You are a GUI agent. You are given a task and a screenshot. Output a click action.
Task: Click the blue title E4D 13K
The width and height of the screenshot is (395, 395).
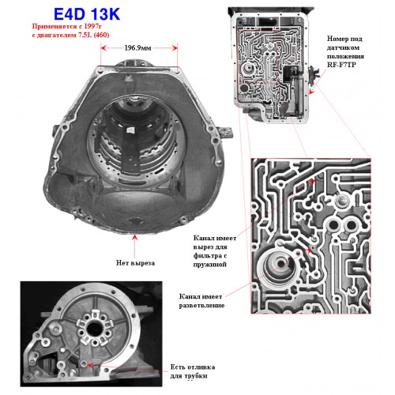click(x=87, y=13)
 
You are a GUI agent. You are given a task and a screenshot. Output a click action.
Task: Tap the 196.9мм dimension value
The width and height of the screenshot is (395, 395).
click(x=137, y=48)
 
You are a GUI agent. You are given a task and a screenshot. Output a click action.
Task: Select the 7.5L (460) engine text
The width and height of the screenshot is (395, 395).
click(x=93, y=35)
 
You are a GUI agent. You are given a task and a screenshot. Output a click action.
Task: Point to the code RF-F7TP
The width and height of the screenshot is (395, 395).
click(x=341, y=65)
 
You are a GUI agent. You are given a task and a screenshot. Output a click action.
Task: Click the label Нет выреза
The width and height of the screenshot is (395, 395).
click(x=135, y=263)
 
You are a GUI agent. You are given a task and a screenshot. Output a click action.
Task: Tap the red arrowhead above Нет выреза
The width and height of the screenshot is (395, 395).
click(x=135, y=237)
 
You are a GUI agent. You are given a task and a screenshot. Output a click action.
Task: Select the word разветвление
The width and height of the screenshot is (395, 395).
click(x=201, y=306)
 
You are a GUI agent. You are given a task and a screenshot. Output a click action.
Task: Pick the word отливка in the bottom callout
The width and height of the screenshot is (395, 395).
click(x=202, y=367)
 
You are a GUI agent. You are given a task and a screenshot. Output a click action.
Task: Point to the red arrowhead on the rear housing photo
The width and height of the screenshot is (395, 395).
click(x=90, y=365)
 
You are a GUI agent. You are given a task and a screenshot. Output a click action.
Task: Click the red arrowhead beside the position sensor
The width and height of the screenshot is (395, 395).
click(x=312, y=92)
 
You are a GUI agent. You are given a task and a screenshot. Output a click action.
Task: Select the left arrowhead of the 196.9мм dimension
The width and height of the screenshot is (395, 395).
click(x=103, y=48)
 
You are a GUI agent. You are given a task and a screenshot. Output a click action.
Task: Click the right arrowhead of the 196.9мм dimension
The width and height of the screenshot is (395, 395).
click(x=175, y=48)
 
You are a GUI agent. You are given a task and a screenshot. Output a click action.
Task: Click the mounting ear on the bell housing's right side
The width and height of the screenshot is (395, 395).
click(x=225, y=133)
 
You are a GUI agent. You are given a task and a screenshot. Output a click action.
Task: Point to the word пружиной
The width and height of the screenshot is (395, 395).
click(x=210, y=264)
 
